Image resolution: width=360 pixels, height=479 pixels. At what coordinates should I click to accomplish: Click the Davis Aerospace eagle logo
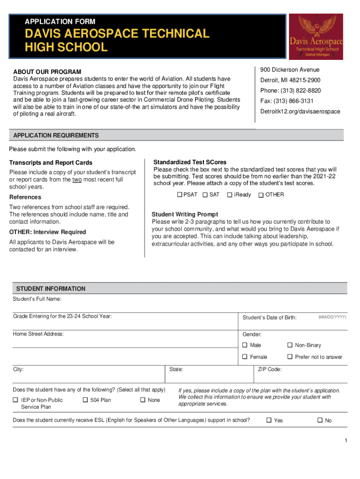point(316,36)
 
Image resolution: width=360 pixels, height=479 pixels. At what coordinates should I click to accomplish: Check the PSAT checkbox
point(179,195)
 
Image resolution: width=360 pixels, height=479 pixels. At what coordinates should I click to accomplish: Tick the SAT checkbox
point(205,195)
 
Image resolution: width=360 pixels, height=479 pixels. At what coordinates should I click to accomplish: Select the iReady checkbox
point(230,195)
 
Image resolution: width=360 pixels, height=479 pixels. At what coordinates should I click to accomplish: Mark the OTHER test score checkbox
point(261,195)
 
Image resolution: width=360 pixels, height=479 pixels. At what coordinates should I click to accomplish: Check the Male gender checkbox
point(245,345)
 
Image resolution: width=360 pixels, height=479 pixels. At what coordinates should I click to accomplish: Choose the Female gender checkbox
point(245,357)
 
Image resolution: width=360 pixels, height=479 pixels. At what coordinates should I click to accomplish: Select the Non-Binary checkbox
point(290,345)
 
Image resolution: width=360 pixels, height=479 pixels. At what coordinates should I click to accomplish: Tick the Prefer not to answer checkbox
point(290,357)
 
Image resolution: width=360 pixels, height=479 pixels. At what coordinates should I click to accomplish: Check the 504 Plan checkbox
point(85,400)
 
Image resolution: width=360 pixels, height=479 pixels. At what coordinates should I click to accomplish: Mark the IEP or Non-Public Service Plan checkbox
point(15,400)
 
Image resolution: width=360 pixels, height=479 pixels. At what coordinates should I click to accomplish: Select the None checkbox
point(143,400)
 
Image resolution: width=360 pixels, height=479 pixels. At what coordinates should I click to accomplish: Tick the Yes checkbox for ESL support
point(269,420)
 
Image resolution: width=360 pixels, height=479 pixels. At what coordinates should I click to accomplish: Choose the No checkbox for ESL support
point(320,420)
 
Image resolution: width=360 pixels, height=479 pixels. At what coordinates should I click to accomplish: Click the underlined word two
point(77,180)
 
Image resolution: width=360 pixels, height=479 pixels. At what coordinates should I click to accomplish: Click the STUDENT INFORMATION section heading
point(51,289)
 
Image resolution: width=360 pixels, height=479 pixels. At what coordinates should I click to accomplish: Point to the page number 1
point(345,441)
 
